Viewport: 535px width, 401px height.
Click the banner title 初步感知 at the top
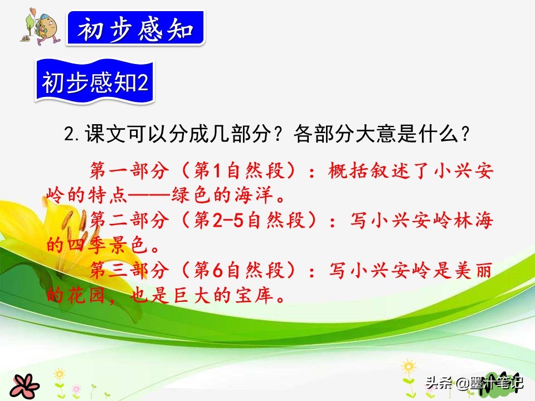point(135,28)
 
